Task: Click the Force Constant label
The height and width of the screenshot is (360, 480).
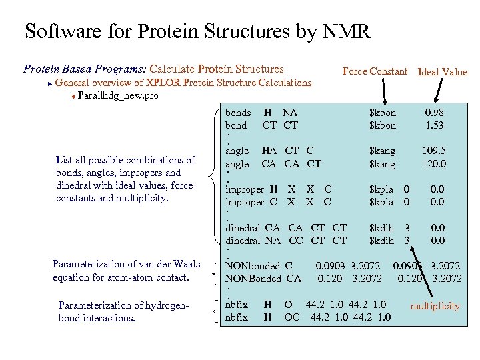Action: click(374, 71)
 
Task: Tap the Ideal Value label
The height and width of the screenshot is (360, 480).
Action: click(442, 72)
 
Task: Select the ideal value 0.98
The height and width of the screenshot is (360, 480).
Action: click(435, 113)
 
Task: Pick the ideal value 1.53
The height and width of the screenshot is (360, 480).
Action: click(435, 125)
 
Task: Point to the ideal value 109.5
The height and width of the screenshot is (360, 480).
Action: click(434, 151)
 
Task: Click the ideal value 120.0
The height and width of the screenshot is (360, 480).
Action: click(434, 164)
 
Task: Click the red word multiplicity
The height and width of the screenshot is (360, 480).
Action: click(435, 306)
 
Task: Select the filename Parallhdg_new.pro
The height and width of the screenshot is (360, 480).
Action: click(118, 96)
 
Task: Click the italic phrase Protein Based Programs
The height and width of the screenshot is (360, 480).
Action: click(85, 69)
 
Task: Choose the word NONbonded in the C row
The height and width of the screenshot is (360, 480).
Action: click(253, 266)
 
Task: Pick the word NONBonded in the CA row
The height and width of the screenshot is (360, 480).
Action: click(253, 279)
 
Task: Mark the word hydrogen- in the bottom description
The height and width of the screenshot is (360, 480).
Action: click(168, 305)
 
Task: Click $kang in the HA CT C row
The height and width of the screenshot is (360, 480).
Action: click(382, 151)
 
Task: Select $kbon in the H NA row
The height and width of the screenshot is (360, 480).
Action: click(382, 113)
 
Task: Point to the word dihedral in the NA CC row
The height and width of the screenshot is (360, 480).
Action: click(243, 241)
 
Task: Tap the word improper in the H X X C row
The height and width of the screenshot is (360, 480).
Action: click(245, 189)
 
